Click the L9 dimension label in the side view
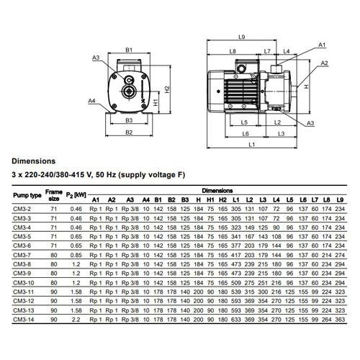pyautogui.click(x=241, y=37)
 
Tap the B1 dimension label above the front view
pyautogui.click(x=129, y=50)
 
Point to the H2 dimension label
pyautogui.click(x=167, y=89)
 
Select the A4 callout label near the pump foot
pyautogui.click(x=91, y=101)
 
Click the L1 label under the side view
pyautogui.click(x=251, y=145)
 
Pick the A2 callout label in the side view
pyautogui.click(x=324, y=63)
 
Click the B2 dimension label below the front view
pyautogui.click(x=129, y=132)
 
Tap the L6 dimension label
pyautogui.click(x=246, y=134)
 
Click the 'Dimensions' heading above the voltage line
pyautogui.click(x=34, y=161)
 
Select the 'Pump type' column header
pyautogui.click(x=27, y=195)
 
